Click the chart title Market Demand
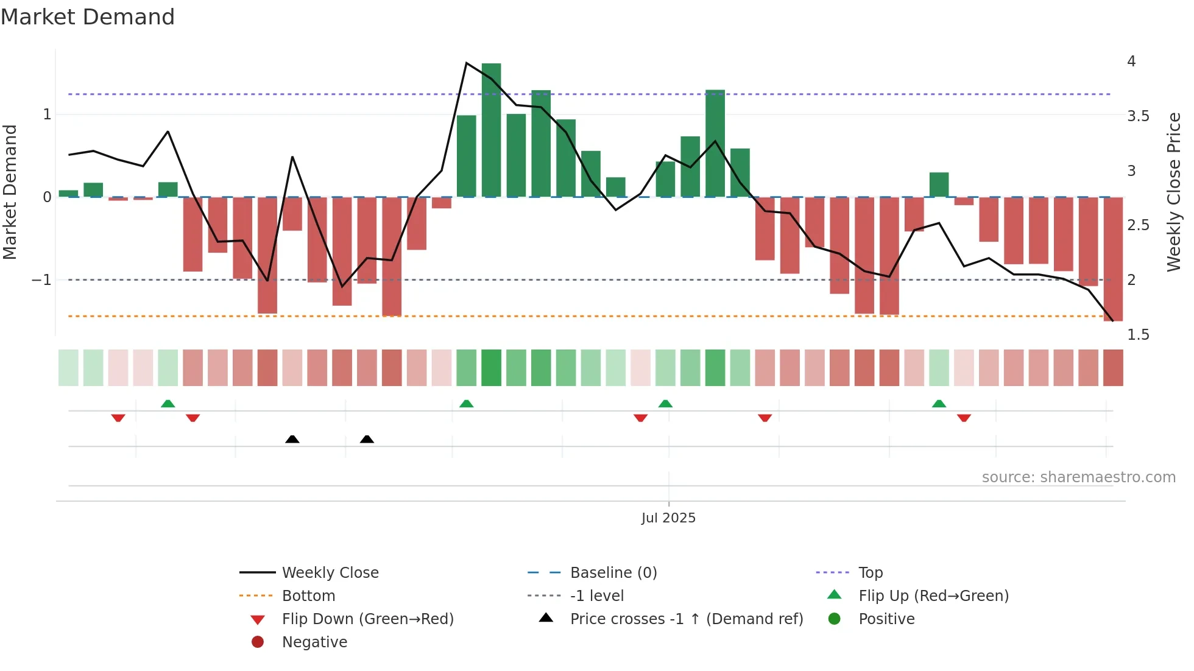[88, 17]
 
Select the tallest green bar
[491, 130]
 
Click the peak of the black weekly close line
[466, 63]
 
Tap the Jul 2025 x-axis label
[668, 518]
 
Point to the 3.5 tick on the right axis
[1138, 116]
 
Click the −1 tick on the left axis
[41, 280]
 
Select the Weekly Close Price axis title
[1174, 192]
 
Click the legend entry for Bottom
[308, 595]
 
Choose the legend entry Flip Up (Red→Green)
[933, 595]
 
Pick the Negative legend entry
[314, 642]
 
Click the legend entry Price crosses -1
[687, 619]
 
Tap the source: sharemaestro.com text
[1078, 477]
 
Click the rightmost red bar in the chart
[1113, 259]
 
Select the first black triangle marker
[292, 439]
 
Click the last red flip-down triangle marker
[964, 418]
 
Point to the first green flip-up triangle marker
[168, 404]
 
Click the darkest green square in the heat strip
[491, 368]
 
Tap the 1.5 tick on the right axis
[1138, 335]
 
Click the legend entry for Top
[871, 572]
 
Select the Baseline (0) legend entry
[613, 572]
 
